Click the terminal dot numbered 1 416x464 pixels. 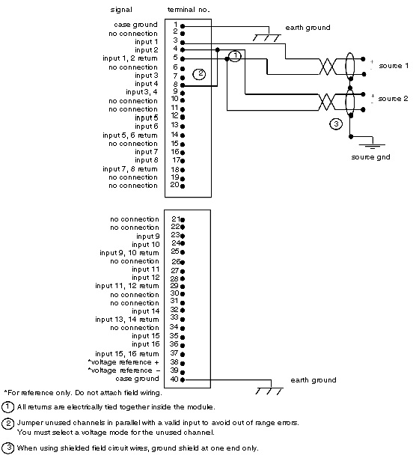[x=183, y=26]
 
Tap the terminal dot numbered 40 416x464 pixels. [x=183, y=379]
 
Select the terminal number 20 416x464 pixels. [x=174, y=185]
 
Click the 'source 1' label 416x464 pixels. [x=394, y=66]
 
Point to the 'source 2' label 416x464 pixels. [x=393, y=99]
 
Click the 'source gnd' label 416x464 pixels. [x=370, y=157]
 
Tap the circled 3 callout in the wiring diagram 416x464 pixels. [x=336, y=124]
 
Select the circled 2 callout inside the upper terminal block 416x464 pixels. [x=200, y=73]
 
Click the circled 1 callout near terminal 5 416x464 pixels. [x=235, y=56]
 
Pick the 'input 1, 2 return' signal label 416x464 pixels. [x=130, y=58]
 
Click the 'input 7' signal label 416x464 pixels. [x=147, y=152]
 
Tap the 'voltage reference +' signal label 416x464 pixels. [x=123, y=362]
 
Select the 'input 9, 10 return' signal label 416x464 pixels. [x=129, y=253]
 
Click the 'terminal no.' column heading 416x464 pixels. [x=189, y=10]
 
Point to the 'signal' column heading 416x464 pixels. [x=121, y=10]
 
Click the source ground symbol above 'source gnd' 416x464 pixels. [x=372, y=144]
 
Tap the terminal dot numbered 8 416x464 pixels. [x=183, y=85]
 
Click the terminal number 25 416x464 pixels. [x=175, y=251]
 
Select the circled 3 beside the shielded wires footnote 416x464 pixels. [x=8, y=448]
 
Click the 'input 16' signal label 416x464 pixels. [x=146, y=344]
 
